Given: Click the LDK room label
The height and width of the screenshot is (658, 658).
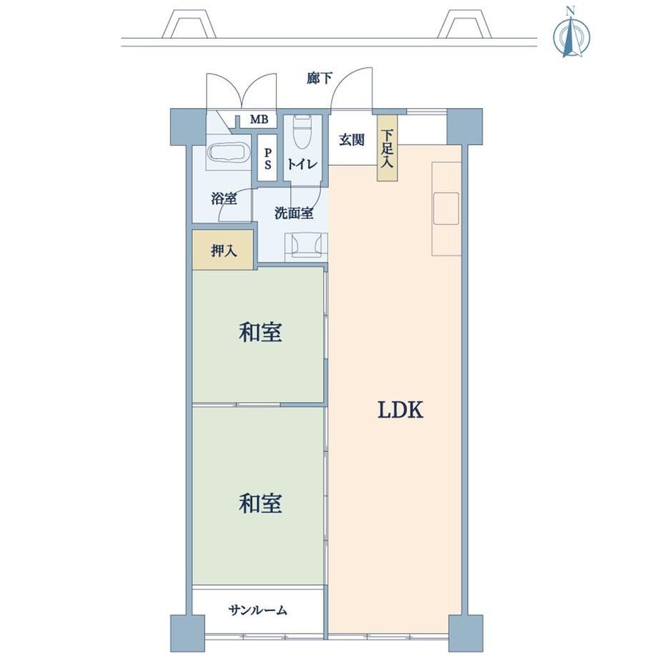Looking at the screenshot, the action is (x=401, y=410).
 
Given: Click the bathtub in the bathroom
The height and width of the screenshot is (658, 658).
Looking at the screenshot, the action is (x=229, y=153).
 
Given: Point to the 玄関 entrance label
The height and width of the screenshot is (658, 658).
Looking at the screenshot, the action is (x=351, y=139).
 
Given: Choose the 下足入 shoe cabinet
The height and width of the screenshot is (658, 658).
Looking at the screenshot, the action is (x=387, y=148).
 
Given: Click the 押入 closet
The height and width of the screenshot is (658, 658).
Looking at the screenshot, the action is (x=223, y=250).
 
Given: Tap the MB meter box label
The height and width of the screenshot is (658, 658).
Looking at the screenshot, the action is (x=259, y=119).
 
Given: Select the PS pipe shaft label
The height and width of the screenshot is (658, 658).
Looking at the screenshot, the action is (x=267, y=158).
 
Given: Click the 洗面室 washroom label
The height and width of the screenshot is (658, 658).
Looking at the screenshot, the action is (x=294, y=213).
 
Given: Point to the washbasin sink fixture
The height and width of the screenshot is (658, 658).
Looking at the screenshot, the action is (x=306, y=245).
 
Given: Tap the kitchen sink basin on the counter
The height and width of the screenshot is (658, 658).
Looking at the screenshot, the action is (x=446, y=209).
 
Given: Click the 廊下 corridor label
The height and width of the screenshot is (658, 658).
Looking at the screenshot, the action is (x=320, y=78).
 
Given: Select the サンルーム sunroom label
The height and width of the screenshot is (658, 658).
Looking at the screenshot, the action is (x=258, y=610).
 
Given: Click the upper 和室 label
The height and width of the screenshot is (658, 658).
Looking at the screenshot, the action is (x=260, y=333).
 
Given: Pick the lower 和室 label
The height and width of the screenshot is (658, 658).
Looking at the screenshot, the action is (x=260, y=503).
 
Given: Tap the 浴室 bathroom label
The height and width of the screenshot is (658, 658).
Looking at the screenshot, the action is (x=224, y=199).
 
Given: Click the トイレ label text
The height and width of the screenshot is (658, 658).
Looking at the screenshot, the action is (x=302, y=164).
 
